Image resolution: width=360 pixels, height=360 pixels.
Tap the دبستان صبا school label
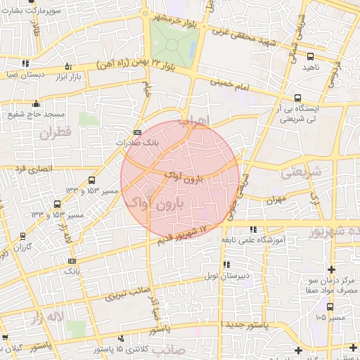pos(27,72)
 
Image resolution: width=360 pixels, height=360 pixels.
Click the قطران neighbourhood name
pos(56,133)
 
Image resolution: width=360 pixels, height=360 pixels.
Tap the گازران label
pos(24,247)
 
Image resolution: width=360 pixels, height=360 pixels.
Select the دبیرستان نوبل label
pos(226,276)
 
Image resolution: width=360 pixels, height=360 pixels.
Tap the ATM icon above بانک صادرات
pos(136,131)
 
